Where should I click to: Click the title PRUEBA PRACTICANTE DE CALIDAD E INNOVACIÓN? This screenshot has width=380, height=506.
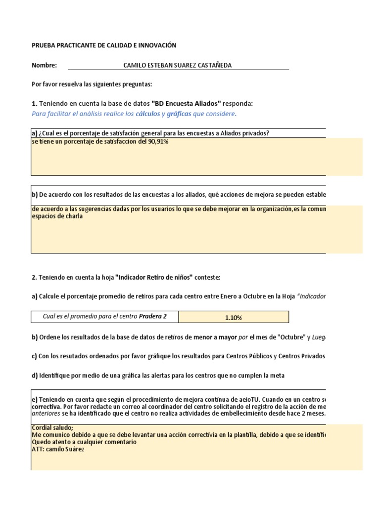pos(104,45)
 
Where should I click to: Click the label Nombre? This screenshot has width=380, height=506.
pos(44,65)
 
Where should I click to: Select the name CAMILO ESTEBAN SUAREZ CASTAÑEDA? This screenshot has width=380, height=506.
pos(177,65)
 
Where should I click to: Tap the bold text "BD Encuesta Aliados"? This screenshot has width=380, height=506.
pos(186,104)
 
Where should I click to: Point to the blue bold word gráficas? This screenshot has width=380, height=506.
pos(180,114)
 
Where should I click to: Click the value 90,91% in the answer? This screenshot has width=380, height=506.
pos(158,142)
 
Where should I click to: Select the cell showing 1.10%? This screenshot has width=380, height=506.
pos(233,318)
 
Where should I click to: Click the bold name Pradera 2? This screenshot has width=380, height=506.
pos(153,317)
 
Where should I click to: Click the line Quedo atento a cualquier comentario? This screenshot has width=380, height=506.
pos(84,442)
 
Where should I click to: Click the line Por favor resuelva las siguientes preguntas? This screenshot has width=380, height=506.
pos(92,84)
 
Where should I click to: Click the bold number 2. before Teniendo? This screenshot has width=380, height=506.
pos(34,278)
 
